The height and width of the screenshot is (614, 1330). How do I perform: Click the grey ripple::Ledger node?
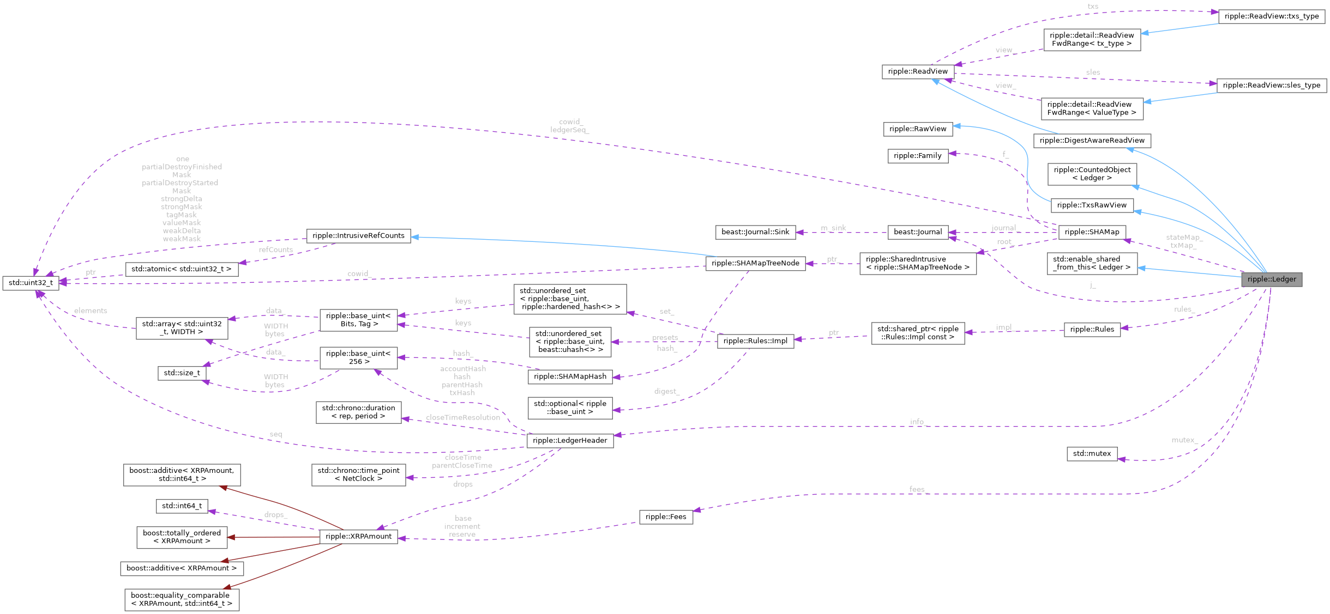point(1271,279)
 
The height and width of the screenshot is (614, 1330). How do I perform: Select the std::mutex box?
point(1091,453)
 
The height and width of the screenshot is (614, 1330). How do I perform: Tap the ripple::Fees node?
point(665,516)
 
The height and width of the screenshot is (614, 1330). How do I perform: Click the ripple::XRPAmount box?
point(358,536)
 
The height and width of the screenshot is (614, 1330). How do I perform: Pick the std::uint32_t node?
point(31,283)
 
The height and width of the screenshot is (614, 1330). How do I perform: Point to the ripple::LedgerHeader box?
point(570,440)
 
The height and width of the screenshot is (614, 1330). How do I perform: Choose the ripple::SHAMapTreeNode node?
point(755,263)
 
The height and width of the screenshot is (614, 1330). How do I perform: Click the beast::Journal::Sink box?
point(755,232)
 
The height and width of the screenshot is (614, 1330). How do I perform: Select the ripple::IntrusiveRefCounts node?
point(358,235)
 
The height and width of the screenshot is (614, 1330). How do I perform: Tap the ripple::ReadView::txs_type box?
point(1271,16)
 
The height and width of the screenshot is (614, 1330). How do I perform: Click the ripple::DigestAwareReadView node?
point(1092,141)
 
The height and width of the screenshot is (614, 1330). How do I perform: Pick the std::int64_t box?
point(182,506)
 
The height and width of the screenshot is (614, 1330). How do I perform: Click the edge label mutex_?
point(1183,440)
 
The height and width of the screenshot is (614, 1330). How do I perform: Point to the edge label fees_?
point(918,489)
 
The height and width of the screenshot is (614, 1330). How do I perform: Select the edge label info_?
point(918,421)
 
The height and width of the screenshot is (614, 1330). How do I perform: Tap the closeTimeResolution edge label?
point(462,417)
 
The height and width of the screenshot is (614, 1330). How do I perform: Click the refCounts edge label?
point(275,250)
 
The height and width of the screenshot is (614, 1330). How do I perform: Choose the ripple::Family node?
point(917,156)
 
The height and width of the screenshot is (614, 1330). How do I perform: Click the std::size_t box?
point(182,373)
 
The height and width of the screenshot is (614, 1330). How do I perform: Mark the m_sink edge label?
point(833,228)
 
